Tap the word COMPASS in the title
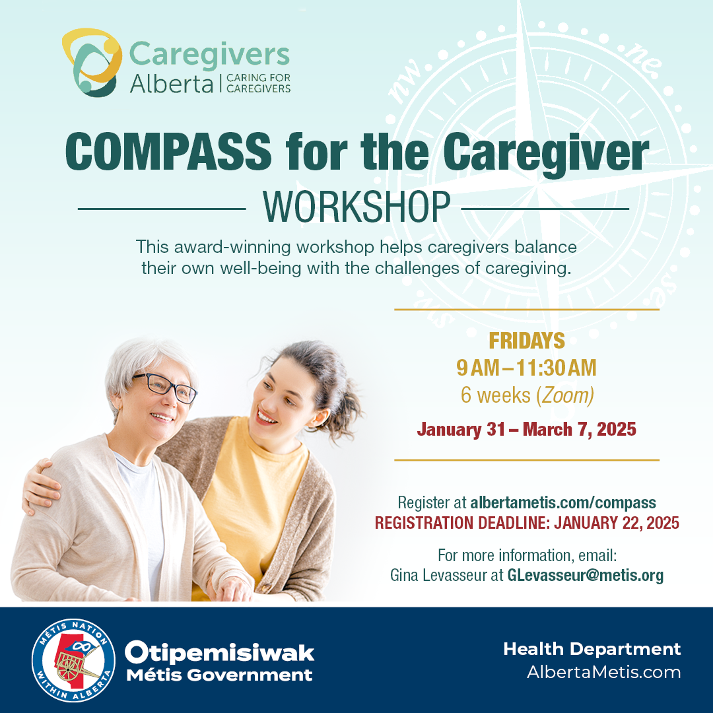point(168,152)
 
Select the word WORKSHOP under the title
point(356,207)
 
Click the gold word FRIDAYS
point(527,341)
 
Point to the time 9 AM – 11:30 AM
point(527,368)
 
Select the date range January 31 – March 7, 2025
point(527,429)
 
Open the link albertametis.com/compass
point(563,502)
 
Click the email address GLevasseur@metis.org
point(586,575)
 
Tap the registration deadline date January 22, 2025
point(617,523)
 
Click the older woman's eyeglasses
point(166,388)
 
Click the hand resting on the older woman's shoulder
point(40,487)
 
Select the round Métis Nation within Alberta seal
point(73,660)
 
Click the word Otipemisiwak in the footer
point(220,653)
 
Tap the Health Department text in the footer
point(592,649)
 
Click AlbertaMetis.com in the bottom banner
point(604,672)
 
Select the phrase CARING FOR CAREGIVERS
point(258,83)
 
